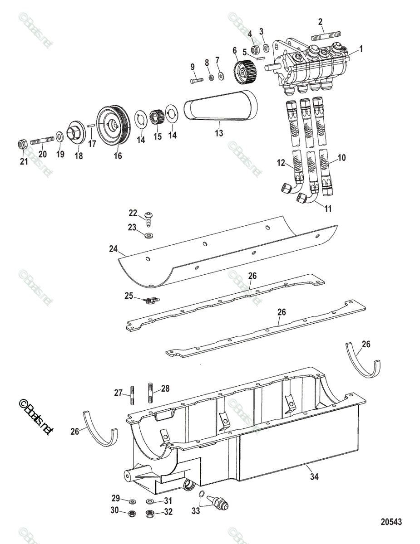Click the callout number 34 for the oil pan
314,476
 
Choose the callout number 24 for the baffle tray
113,248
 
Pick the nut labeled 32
149,514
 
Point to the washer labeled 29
133,501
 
